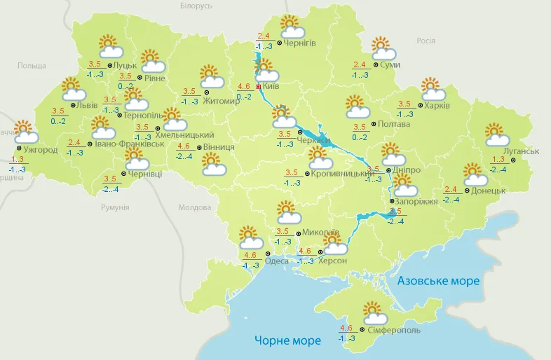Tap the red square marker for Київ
coord(259,87)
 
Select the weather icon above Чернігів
coord(292,27)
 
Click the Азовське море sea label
coord(438,281)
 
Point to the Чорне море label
coord(287,340)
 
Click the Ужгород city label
coord(39,149)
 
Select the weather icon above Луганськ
coord(496,134)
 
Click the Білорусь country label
coord(196,6)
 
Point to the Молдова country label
coord(194,208)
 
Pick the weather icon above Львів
coord(73,88)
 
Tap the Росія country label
coord(426,41)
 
